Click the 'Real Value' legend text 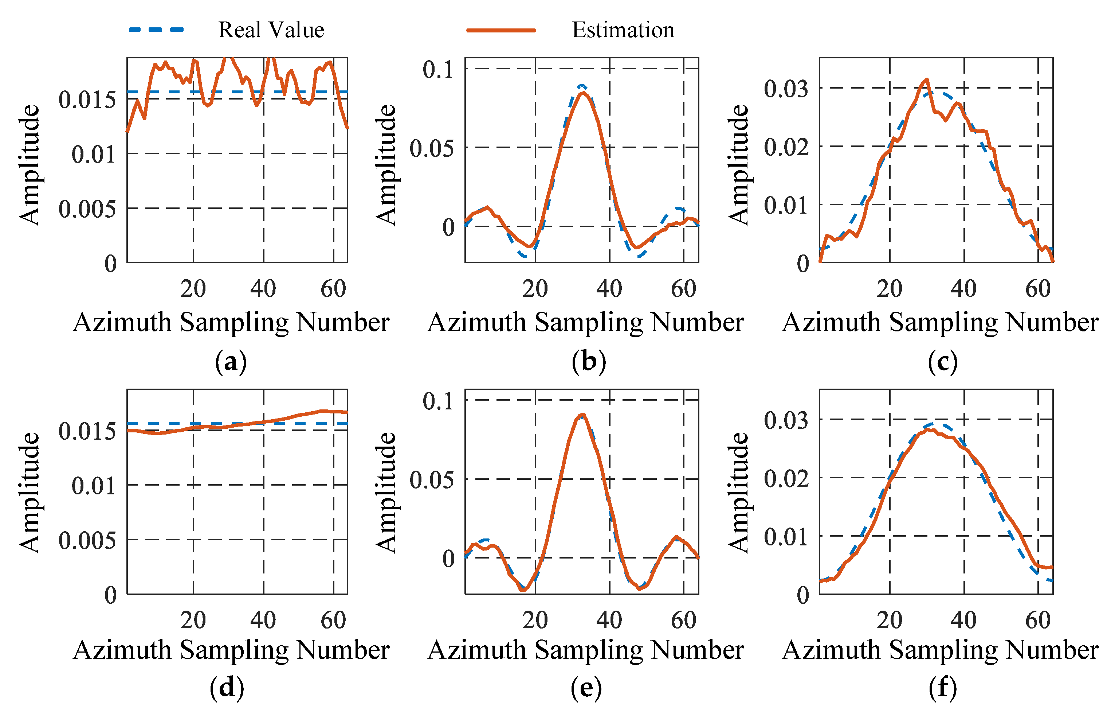click(x=271, y=30)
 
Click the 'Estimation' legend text click(x=623, y=30)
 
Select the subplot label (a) click(x=231, y=362)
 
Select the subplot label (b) click(x=588, y=362)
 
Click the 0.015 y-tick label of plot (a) click(x=87, y=100)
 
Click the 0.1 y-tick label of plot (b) click(x=438, y=69)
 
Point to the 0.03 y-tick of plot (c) click(x=786, y=89)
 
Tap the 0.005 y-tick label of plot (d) click(x=87, y=540)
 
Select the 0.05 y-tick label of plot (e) click(x=431, y=480)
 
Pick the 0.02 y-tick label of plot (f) click(x=786, y=478)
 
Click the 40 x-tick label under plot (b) click(x=609, y=289)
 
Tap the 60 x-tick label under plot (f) click(x=1038, y=620)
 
